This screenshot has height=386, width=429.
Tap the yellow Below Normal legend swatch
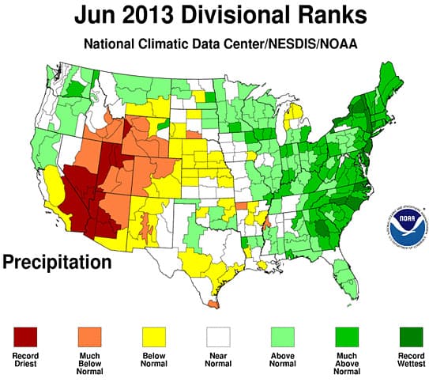153,335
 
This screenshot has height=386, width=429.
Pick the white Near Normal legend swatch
216,335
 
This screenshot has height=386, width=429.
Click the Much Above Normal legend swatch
342,335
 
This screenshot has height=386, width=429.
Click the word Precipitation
58,259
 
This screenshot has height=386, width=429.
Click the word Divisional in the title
237,15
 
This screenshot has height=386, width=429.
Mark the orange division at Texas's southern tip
213,301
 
